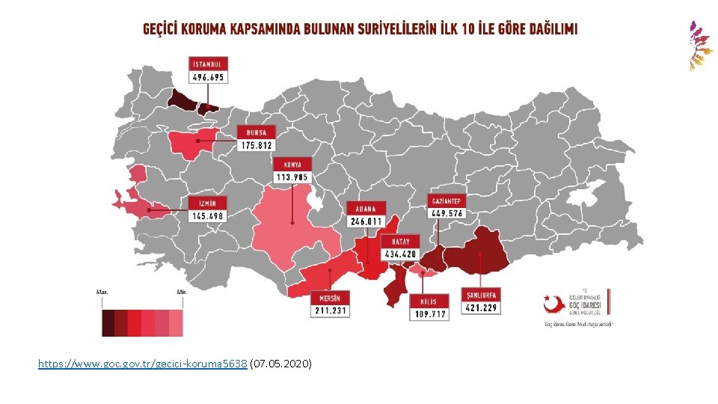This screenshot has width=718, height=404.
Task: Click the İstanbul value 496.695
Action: click(x=208, y=77)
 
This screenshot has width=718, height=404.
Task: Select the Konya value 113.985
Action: click(x=292, y=177)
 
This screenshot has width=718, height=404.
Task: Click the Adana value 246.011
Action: click(x=365, y=221)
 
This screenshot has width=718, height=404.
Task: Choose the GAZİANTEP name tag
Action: click(x=447, y=201)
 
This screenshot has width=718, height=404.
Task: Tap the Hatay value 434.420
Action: click(x=400, y=254)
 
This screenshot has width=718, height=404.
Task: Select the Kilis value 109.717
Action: click(x=429, y=314)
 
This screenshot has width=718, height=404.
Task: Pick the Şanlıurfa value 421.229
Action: click(x=480, y=307)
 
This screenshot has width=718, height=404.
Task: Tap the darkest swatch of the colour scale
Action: click(x=108, y=323)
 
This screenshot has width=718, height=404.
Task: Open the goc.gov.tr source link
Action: click(x=143, y=364)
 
